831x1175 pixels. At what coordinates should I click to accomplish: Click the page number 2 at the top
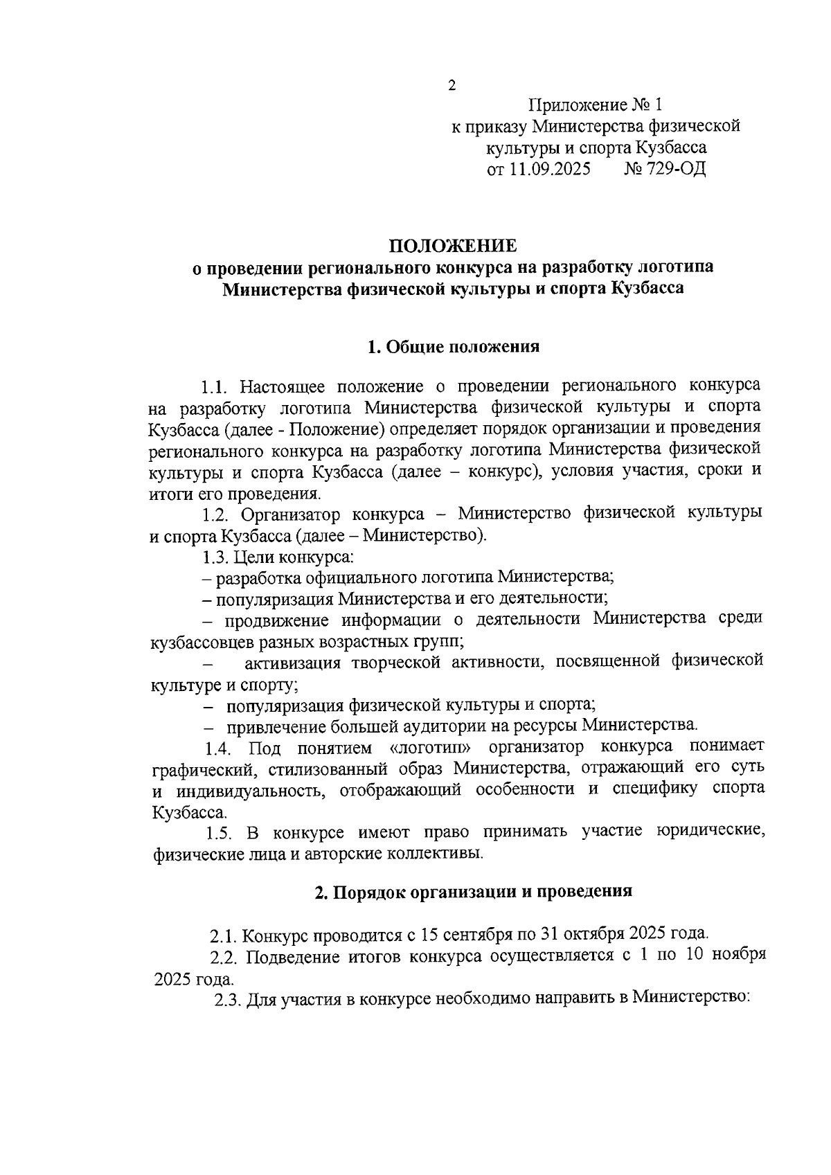point(452,86)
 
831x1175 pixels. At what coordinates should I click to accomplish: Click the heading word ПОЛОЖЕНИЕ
point(452,246)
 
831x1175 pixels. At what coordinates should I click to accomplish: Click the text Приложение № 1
point(595,105)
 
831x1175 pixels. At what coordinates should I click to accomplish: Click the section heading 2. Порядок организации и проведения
point(473,891)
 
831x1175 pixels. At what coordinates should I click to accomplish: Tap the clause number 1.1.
point(216,386)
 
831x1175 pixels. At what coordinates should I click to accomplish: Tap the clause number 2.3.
point(227,1000)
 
